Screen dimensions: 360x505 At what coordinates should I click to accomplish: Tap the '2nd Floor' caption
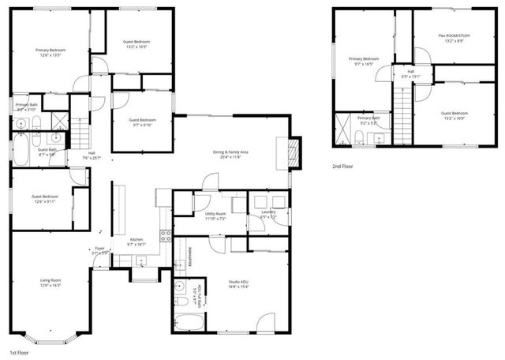coord(343,167)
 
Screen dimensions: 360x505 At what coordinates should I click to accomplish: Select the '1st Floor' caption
coord(20,351)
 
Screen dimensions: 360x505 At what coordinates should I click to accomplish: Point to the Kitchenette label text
coord(190,258)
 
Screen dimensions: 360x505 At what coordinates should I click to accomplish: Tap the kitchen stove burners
coord(166,235)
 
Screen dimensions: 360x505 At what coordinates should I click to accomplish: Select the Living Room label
coord(50,279)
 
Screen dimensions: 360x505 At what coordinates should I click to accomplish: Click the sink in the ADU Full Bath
coord(181,302)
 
